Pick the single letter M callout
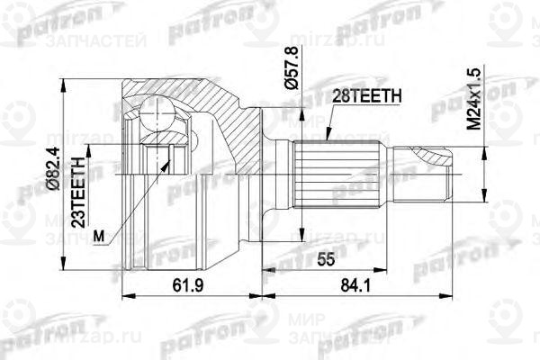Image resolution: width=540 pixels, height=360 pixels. click(x=98, y=236)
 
